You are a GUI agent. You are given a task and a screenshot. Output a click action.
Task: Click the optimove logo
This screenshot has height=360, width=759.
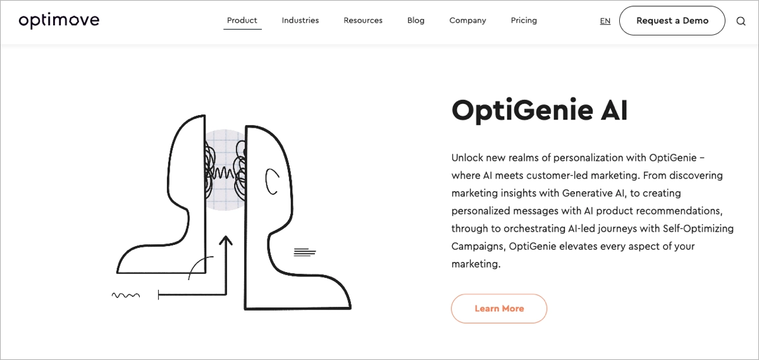point(59,21)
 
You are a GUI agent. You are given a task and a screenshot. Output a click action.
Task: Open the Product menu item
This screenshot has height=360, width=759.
point(242,20)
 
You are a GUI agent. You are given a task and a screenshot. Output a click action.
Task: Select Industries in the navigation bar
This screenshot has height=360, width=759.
point(300,20)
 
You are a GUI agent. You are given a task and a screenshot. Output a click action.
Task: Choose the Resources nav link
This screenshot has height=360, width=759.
point(363,20)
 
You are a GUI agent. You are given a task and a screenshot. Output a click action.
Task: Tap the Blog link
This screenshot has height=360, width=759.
point(416,20)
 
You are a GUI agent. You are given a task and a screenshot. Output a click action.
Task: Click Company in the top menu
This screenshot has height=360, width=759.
point(467,20)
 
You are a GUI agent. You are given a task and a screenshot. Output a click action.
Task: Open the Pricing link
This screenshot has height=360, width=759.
point(524,20)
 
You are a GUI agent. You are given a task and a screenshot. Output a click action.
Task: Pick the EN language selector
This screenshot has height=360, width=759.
point(605,21)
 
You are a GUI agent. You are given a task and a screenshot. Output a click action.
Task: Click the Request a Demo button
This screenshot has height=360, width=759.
point(672,21)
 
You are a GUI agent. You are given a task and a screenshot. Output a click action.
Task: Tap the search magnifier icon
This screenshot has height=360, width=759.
point(741,21)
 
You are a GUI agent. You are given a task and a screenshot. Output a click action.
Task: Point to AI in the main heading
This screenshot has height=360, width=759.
point(612,111)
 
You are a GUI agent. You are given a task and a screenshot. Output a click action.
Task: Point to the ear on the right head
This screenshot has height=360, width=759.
point(271,181)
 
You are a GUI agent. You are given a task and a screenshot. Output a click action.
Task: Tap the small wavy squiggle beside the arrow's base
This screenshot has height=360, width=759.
point(125,295)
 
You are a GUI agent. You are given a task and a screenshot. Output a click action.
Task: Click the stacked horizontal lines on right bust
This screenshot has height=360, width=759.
point(305,252)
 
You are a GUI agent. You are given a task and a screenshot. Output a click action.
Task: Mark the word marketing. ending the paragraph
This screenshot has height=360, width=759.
point(476,264)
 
